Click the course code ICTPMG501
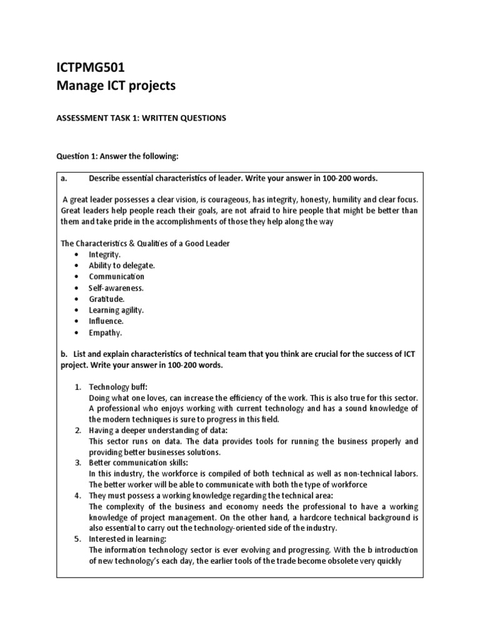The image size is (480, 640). point(91,67)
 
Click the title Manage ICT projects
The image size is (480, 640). point(116,86)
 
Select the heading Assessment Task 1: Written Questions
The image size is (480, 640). point(141,118)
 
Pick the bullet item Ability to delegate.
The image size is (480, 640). point(122,266)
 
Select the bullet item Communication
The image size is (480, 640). point(117,277)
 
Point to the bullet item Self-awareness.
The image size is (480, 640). point(116,288)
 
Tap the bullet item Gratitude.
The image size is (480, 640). point(107,299)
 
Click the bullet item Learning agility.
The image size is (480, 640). point(116,310)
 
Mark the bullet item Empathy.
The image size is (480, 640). point(106,332)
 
